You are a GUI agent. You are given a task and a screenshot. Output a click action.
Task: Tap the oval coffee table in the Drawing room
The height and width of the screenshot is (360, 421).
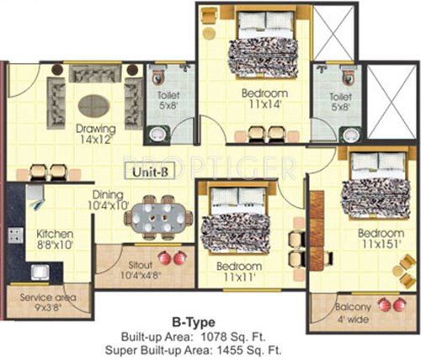tap(94, 104)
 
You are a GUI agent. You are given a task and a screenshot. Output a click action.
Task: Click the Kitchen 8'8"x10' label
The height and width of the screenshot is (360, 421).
tap(53, 239)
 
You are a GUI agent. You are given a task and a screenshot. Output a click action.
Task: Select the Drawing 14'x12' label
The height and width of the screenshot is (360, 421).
tap(95, 135)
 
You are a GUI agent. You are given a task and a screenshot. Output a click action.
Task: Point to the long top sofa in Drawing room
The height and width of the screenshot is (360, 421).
tap(95, 74)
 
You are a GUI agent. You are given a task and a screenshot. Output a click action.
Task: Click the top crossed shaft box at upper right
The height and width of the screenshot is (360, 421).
tap(341, 31)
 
